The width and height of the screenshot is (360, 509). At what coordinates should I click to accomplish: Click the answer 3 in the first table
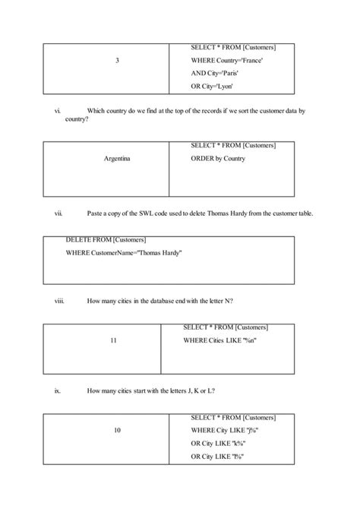pyautogui.click(x=116, y=61)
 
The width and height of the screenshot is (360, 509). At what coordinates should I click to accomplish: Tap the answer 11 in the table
pyautogui.click(x=113, y=341)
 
